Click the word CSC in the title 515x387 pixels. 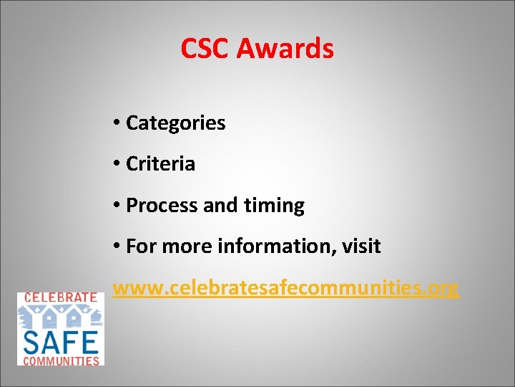click(205, 49)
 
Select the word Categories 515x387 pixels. click(175, 123)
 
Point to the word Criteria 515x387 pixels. click(160, 164)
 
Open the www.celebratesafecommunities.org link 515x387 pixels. click(285, 288)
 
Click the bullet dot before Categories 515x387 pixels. click(116, 123)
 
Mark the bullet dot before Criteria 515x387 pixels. click(116, 164)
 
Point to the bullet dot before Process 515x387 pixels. click(116, 206)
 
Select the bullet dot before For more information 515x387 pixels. click(116, 247)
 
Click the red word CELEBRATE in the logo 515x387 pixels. click(61, 297)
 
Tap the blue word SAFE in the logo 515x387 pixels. click(61, 340)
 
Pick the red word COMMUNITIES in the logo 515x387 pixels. click(61, 360)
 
